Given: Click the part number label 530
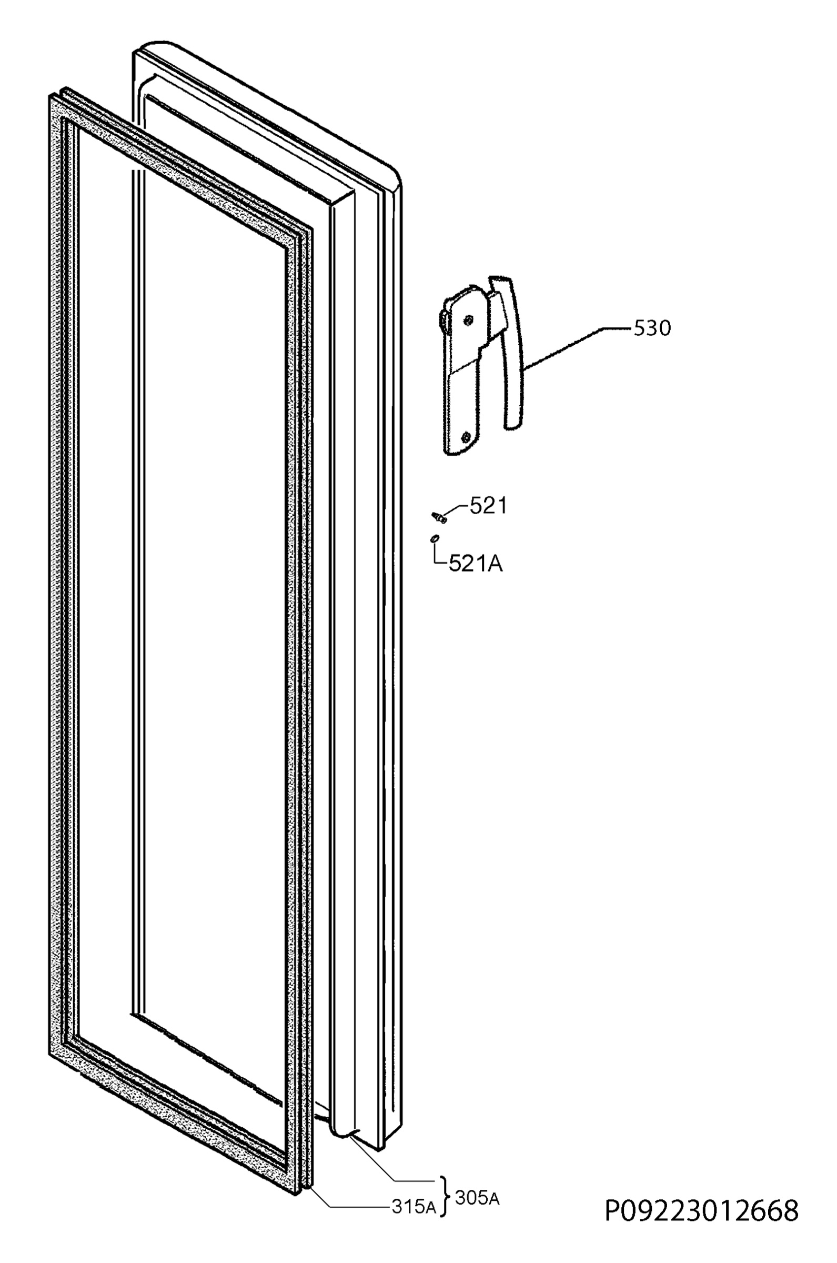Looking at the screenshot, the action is point(652,328).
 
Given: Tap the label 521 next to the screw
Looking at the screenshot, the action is point(488,506).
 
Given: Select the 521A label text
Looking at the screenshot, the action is point(476,563).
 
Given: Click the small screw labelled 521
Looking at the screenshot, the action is point(438,517).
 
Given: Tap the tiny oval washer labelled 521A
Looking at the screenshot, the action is point(435,538).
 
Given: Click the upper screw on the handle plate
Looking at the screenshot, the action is point(468,320).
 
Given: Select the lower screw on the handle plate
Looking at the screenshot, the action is point(467,437).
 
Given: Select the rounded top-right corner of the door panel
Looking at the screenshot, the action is point(395,176).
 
